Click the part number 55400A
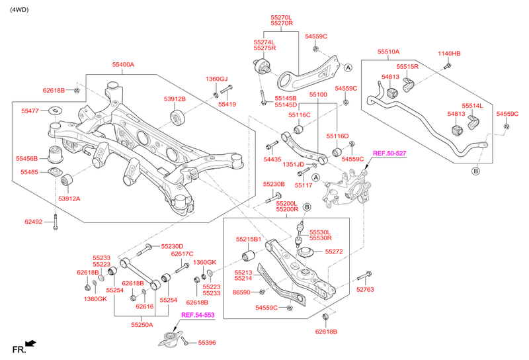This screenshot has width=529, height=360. click(123, 65)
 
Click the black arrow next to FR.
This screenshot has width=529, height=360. click(30, 344)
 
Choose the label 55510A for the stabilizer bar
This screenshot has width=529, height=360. click(389, 51)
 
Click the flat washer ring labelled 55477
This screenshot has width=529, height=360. click(55, 111)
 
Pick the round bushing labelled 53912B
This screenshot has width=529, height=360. click(177, 118)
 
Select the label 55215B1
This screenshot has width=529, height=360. click(249, 239)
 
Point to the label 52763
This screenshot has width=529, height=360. click(365, 289)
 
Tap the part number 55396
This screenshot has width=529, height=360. click(207, 343)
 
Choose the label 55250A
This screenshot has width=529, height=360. click(142, 325)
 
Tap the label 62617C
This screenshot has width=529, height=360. click(182, 254)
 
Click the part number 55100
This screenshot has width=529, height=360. click(318, 95)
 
